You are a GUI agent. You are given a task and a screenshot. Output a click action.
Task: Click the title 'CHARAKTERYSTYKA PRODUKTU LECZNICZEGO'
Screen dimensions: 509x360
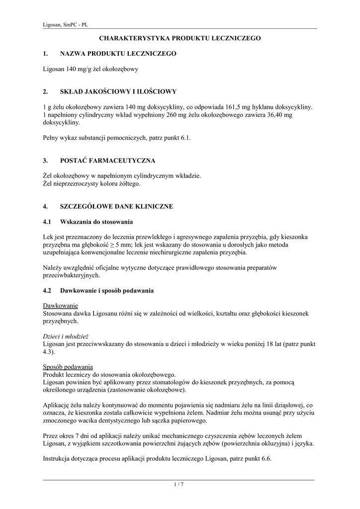click(180, 38)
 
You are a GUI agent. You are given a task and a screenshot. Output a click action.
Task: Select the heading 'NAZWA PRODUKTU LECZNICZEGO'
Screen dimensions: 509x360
click(118, 53)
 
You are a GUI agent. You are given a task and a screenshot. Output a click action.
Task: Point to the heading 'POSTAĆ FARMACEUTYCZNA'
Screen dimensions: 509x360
click(108, 161)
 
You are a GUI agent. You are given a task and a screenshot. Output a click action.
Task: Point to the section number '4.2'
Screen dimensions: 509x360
click(48, 290)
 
